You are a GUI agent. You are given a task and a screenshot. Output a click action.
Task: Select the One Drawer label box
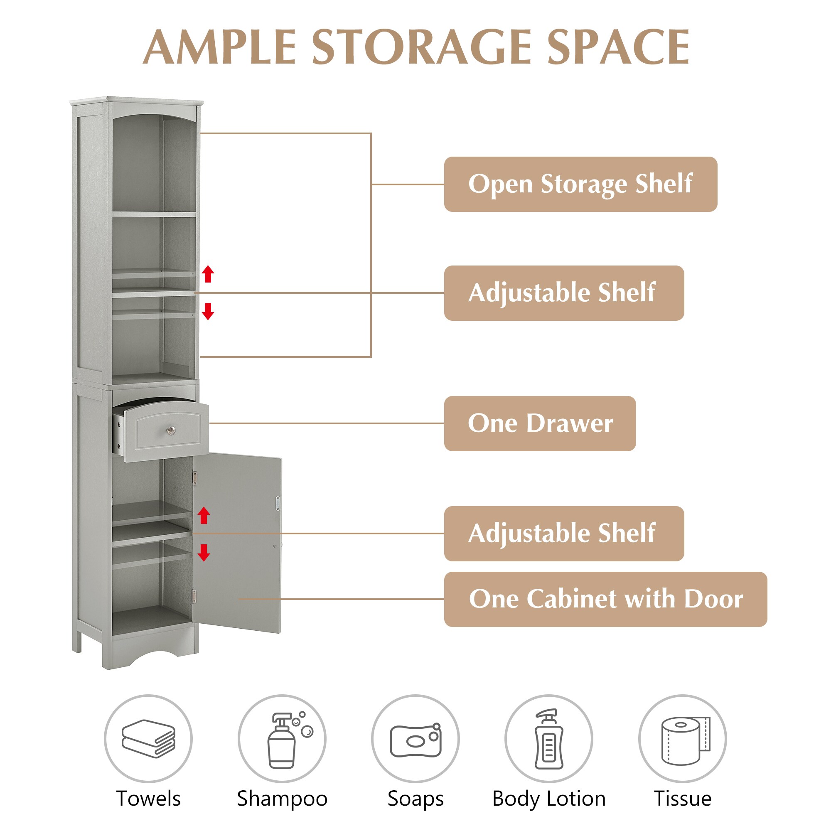[540, 424]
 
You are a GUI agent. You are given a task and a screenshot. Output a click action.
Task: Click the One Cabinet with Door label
[606, 599]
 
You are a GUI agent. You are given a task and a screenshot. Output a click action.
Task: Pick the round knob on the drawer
[171, 430]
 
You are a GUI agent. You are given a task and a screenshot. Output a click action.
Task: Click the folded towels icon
[148, 738]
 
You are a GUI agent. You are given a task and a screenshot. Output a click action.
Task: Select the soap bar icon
[415, 740]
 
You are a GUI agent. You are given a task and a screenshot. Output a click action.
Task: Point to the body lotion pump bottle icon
[549, 739]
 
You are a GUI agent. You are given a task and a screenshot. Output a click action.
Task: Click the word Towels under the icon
[148, 799]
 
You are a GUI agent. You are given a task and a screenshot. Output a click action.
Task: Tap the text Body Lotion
[549, 799]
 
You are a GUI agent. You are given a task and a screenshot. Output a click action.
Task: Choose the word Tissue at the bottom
[683, 799]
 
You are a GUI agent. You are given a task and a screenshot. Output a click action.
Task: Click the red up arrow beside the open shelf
[208, 273]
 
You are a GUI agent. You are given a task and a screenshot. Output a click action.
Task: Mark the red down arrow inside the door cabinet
[204, 553]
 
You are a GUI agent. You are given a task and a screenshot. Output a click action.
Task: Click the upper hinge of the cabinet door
[194, 477]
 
